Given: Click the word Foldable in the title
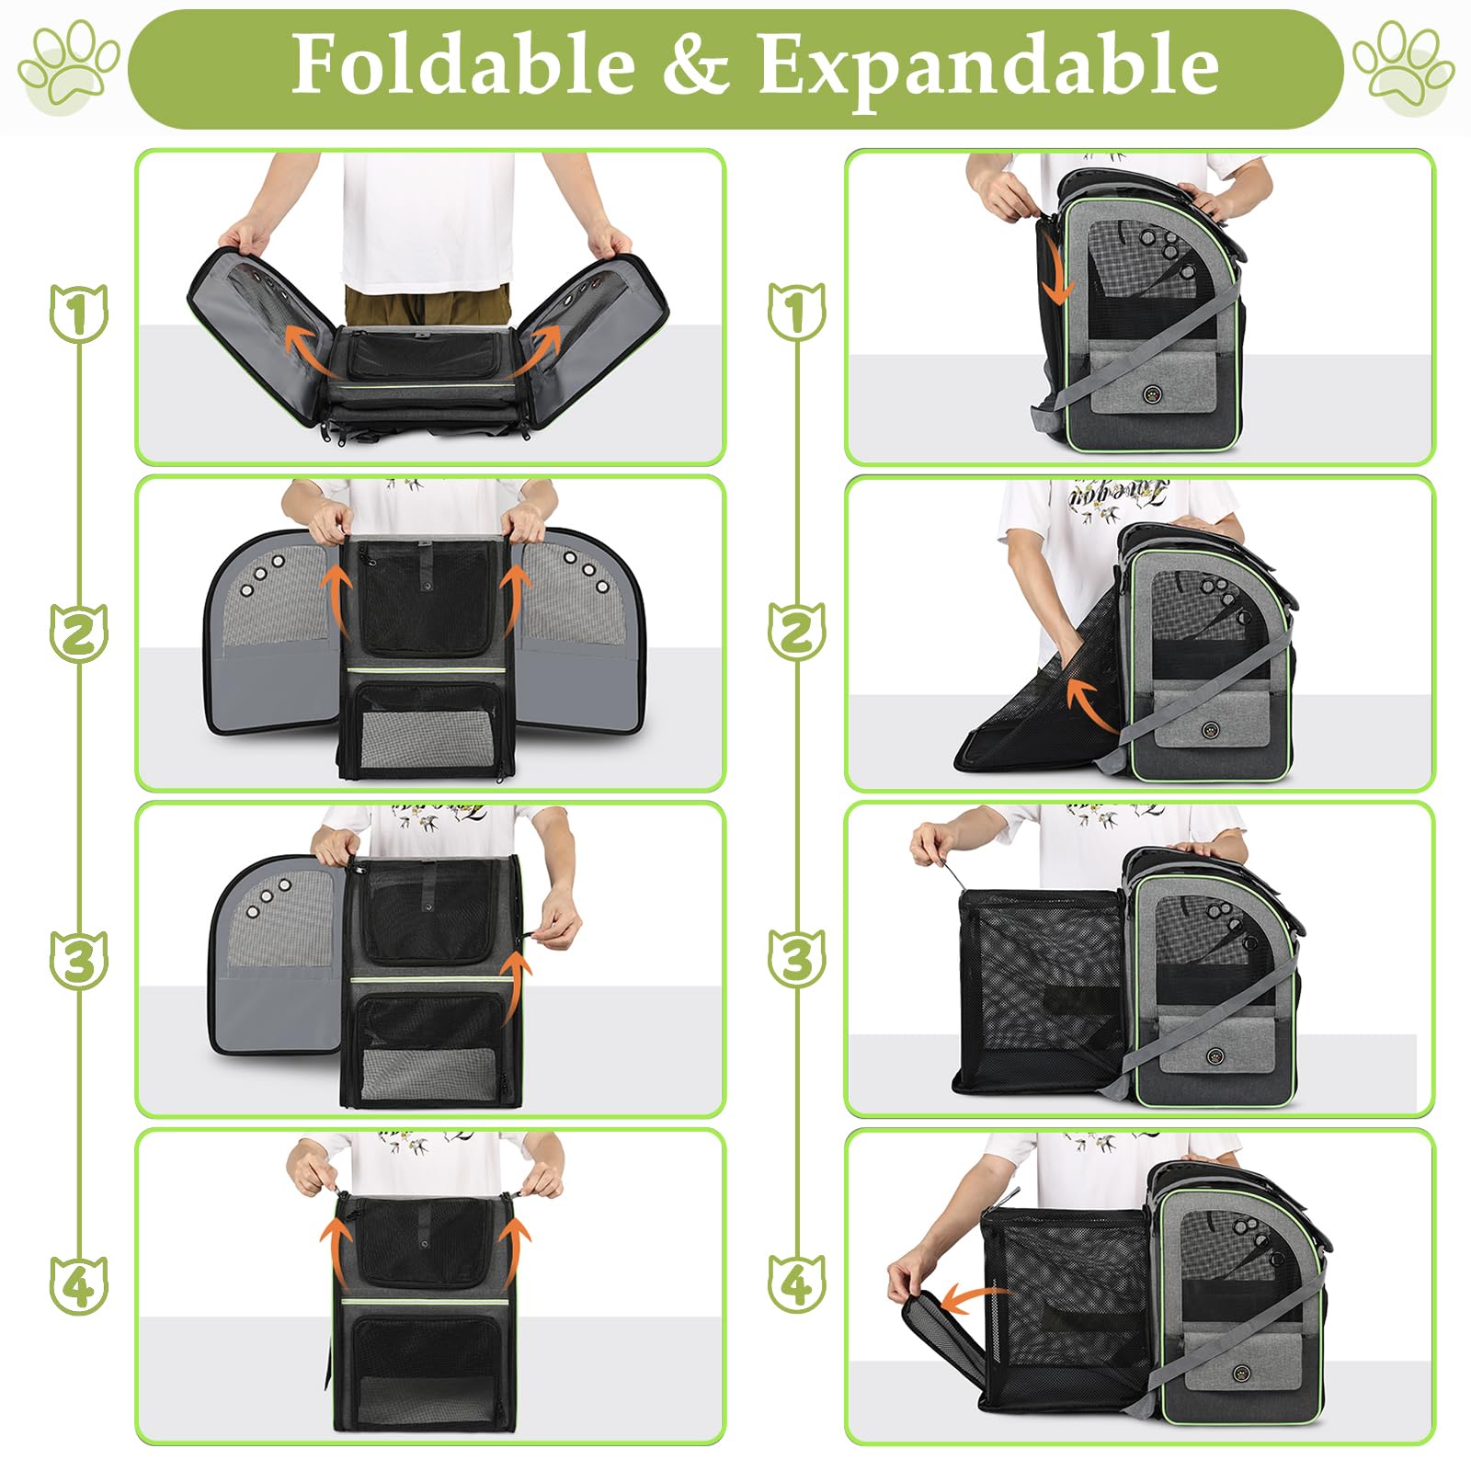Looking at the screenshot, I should point(462,64).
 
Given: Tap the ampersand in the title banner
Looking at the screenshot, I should point(694,64).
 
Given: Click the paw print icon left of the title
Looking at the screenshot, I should point(69,69).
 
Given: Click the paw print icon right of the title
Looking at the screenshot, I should point(1403,69).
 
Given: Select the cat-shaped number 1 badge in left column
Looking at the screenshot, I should point(78,314).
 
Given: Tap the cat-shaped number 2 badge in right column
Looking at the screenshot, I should point(797,633).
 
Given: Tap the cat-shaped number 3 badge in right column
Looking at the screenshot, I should point(797,959).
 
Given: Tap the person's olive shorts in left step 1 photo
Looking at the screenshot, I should point(428,303).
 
